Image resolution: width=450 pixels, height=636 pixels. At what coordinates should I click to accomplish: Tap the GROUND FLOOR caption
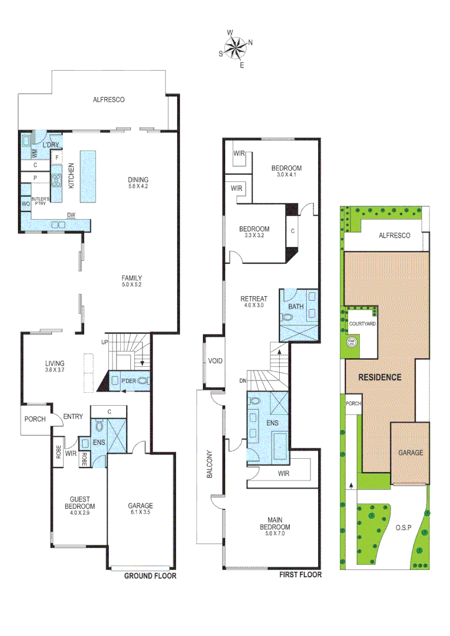tap(150, 576)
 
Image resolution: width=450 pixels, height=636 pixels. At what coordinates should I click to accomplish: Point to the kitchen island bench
tap(87, 175)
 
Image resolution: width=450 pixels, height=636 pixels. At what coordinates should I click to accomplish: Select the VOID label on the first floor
tap(215, 361)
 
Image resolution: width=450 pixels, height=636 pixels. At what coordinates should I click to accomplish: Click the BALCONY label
tap(209, 467)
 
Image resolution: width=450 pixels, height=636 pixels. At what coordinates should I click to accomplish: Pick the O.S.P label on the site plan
tap(403, 526)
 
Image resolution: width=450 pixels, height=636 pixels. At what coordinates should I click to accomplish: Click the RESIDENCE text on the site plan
tap(380, 377)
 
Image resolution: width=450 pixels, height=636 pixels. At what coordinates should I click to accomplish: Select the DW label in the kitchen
tap(71, 215)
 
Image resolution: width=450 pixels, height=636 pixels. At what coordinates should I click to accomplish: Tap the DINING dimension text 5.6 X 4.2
tap(138, 187)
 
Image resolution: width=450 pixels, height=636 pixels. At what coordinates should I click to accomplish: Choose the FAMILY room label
tap(131, 278)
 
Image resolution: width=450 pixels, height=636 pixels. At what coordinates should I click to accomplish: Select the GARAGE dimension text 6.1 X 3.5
tap(140, 513)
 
